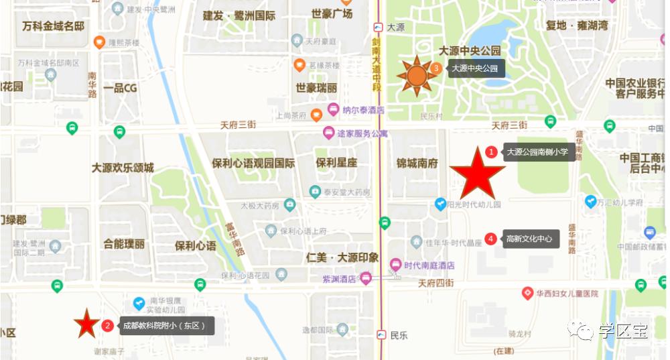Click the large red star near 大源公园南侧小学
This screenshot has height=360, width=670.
477,172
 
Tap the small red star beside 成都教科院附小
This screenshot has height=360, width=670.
86,324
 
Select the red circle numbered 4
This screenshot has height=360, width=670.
490,239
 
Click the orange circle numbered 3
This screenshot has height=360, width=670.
436,68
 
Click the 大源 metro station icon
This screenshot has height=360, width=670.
379,27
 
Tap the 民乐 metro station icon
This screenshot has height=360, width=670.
381,335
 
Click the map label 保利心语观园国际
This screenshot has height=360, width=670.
253,163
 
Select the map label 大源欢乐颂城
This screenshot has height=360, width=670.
123,168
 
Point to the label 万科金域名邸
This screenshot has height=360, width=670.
53,26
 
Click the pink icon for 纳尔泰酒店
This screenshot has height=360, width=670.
333,109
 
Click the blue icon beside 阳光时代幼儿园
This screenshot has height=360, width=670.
440,203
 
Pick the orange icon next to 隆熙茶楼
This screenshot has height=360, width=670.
100,42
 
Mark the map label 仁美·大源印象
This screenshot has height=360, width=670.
342,257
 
